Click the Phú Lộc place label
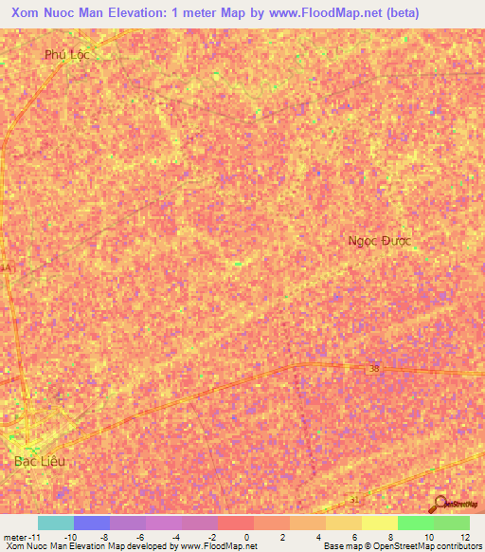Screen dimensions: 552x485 pyautogui.click(x=66, y=55)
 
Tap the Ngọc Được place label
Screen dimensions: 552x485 pyautogui.click(x=382, y=241)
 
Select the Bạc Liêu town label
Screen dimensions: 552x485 pyautogui.click(x=41, y=461)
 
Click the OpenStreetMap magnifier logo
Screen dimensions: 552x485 pyautogui.click(x=440, y=503)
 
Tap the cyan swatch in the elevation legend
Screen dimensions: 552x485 pyautogui.click(x=55, y=523)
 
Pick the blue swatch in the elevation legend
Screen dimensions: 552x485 pyautogui.click(x=92, y=523)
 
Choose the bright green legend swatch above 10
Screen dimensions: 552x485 pyautogui.click(x=415, y=523)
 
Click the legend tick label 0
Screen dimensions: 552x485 pyautogui.click(x=246, y=536)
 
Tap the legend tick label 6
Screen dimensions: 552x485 pyautogui.click(x=354, y=536)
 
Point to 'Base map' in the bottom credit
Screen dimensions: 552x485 pyautogui.click(x=340, y=546)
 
